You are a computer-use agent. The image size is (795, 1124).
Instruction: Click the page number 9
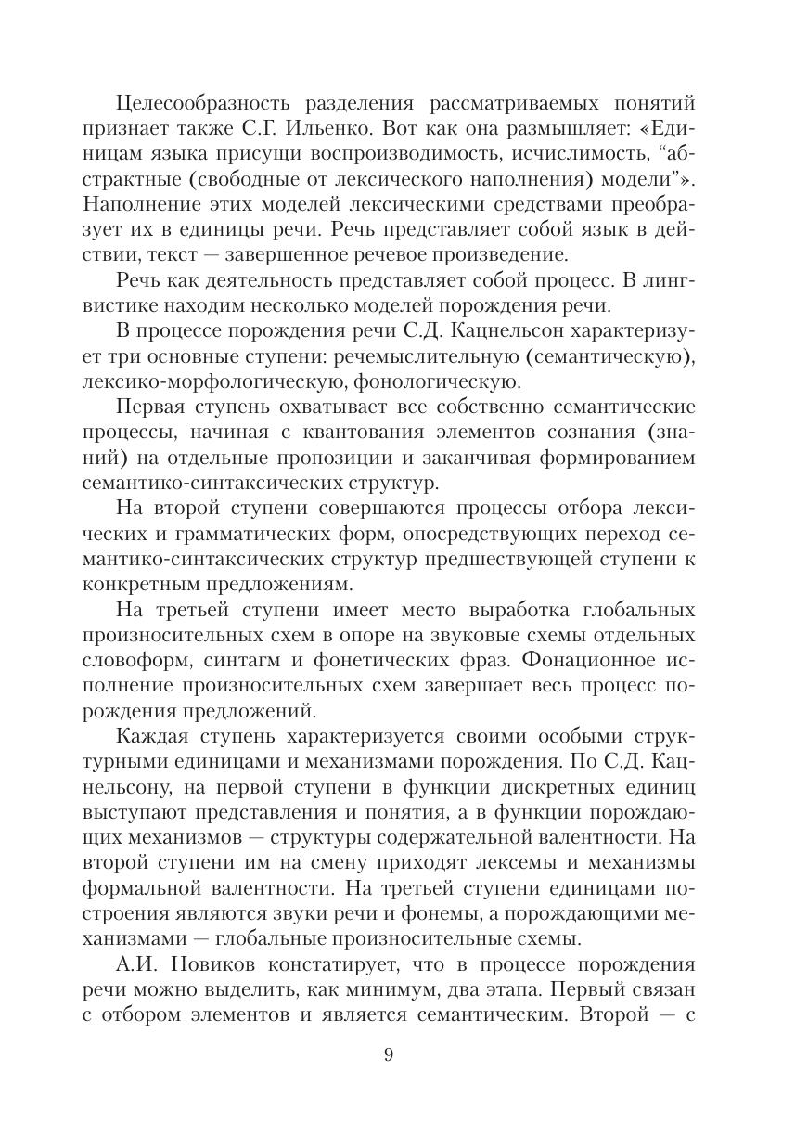click(x=389, y=1054)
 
